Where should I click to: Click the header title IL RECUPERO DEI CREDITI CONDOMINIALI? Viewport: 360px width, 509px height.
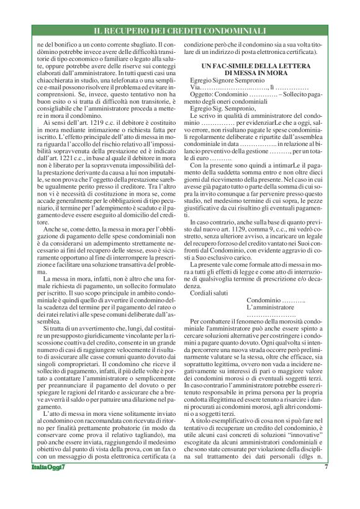tap(179, 30)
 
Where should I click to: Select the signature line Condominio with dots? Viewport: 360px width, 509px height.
tap(276, 300)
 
